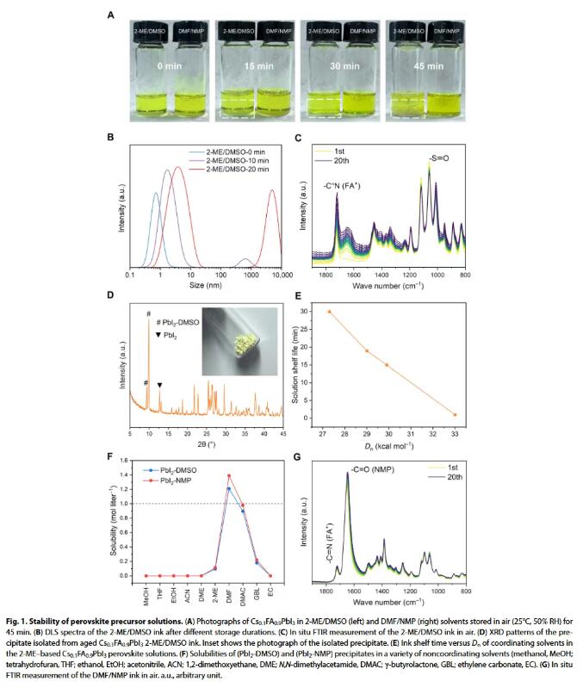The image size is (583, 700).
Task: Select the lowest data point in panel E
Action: point(455,415)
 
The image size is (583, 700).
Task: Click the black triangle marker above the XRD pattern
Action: point(159,386)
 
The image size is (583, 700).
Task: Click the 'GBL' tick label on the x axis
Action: point(257,590)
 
